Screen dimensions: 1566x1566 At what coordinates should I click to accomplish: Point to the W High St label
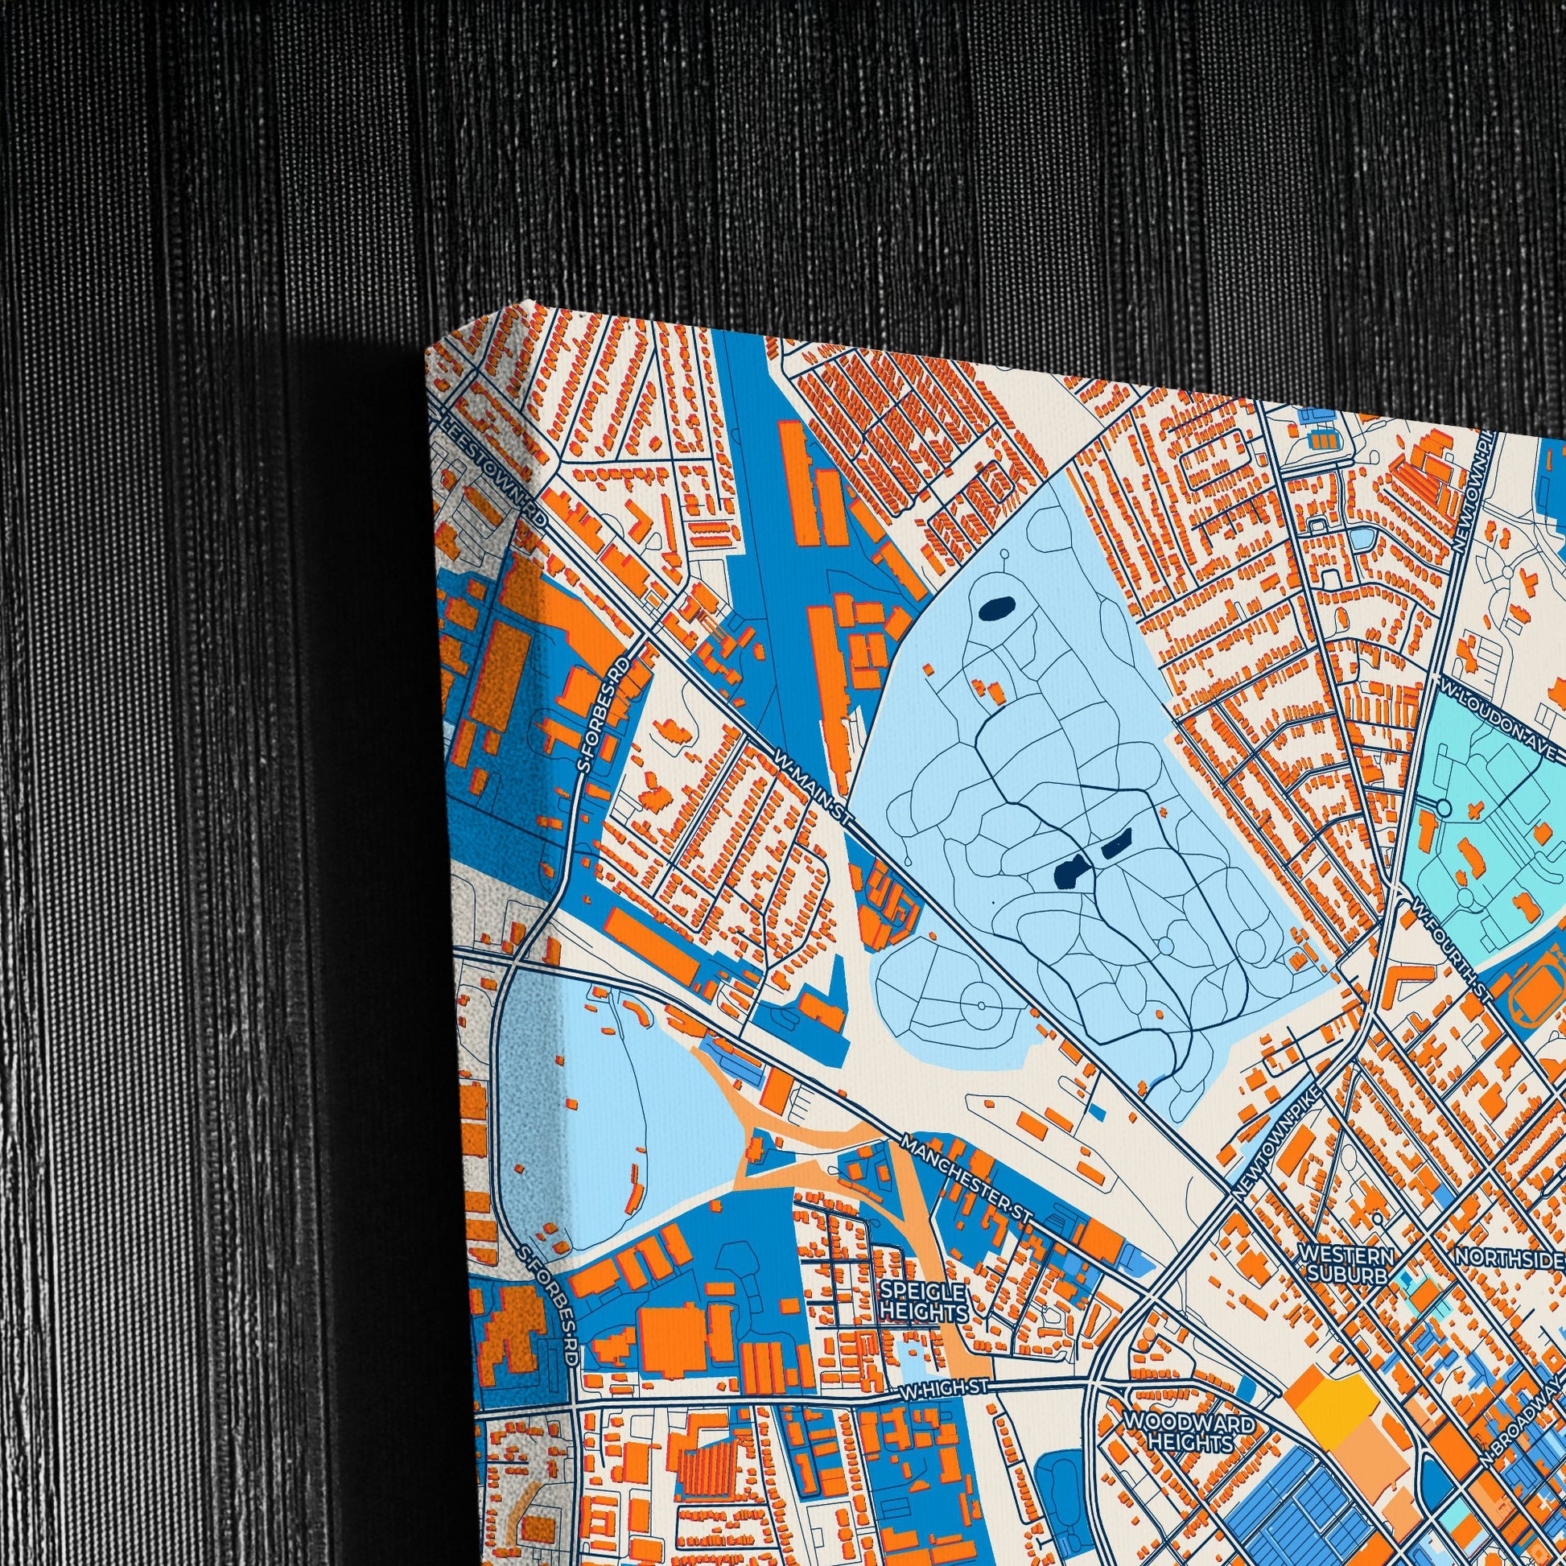(944, 1388)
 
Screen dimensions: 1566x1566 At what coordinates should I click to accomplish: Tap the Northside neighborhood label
(1507, 1258)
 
